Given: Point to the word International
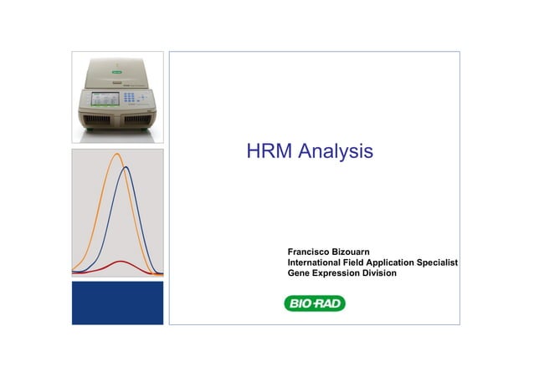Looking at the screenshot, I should tap(320, 262).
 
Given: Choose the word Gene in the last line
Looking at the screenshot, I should tap(299, 273).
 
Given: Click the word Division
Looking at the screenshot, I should tap(381, 273).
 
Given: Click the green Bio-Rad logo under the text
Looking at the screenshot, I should tap(315, 303).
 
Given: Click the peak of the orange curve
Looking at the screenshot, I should tap(116, 154).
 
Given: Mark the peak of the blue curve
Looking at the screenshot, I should tap(126, 167).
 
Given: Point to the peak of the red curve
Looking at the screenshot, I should tap(121, 262).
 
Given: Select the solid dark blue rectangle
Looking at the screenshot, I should tap(117, 303).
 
